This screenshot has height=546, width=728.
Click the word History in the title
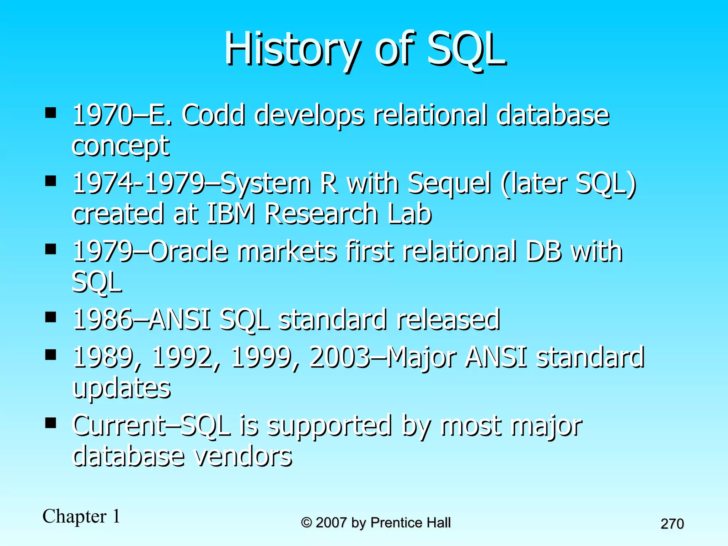[291, 50]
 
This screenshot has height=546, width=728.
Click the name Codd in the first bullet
[213, 115]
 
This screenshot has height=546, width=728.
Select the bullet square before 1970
[51, 113]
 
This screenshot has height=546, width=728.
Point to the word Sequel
[450, 183]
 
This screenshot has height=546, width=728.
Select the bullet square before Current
[51, 423]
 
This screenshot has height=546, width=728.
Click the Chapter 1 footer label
[81, 516]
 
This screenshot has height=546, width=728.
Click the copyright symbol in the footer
[306, 523]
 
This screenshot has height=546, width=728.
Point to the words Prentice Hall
[411, 523]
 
